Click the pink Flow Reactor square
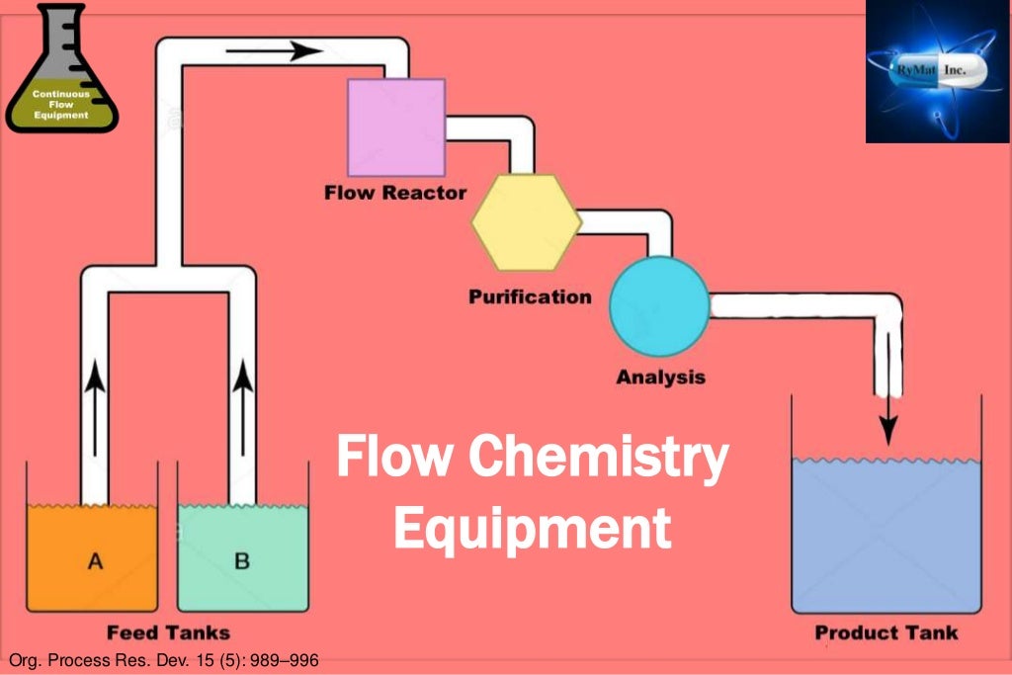pos(395,127)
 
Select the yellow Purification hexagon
pos(525,222)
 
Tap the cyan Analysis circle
pos(658,305)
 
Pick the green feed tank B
pos(242,558)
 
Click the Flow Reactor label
pos(394,194)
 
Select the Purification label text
pos(530,296)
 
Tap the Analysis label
pos(660,377)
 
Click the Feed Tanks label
pos(168,633)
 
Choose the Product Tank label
pos(885,633)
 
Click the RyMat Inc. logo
pos(938,71)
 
